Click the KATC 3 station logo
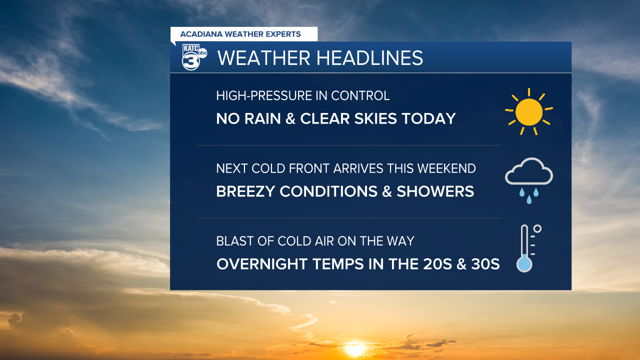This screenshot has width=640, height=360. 194,57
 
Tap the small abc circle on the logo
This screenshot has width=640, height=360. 202,53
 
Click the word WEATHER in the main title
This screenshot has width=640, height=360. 263,58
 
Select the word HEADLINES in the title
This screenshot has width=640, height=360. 369,58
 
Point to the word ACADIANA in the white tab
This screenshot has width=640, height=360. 201,34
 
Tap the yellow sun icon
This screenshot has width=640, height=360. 529,111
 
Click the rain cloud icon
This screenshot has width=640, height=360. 529,180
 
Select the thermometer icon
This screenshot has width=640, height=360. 528,248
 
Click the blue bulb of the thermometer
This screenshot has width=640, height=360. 524,264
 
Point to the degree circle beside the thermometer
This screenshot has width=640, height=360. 537,229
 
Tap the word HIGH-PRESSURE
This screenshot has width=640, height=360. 268,95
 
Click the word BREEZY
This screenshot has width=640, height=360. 245,191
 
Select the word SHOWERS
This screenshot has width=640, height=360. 435,191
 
